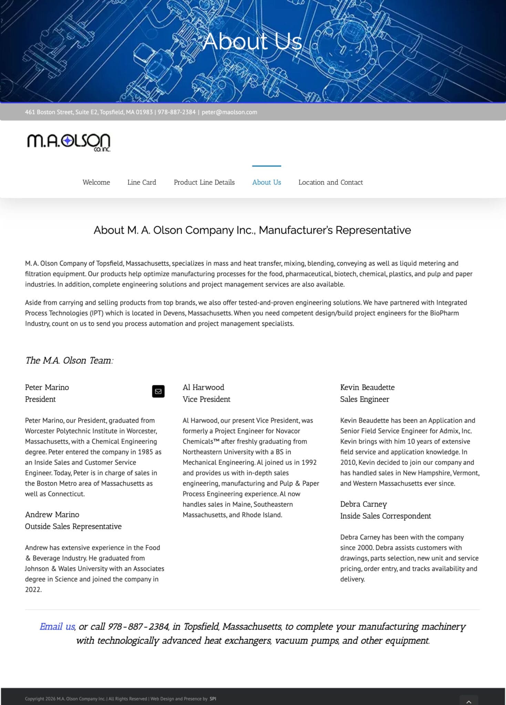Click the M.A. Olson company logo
(69, 142)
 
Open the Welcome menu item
(96, 182)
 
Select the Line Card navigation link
(142, 182)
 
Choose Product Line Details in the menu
(204, 182)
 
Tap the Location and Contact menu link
(330, 182)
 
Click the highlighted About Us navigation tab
(266, 182)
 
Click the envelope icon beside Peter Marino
(158, 391)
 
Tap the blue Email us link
(57, 627)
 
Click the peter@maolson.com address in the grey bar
(229, 112)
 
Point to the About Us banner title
(252, 41)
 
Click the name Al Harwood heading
(203, 387)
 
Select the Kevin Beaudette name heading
(367, 387)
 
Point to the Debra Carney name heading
(363, 504)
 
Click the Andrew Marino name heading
(52, 514)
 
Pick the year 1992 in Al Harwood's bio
(309, 462)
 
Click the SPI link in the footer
(213, 699)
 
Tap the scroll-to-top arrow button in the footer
(468, 701)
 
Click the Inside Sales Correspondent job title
(385, 516)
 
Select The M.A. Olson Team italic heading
(69, 360)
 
